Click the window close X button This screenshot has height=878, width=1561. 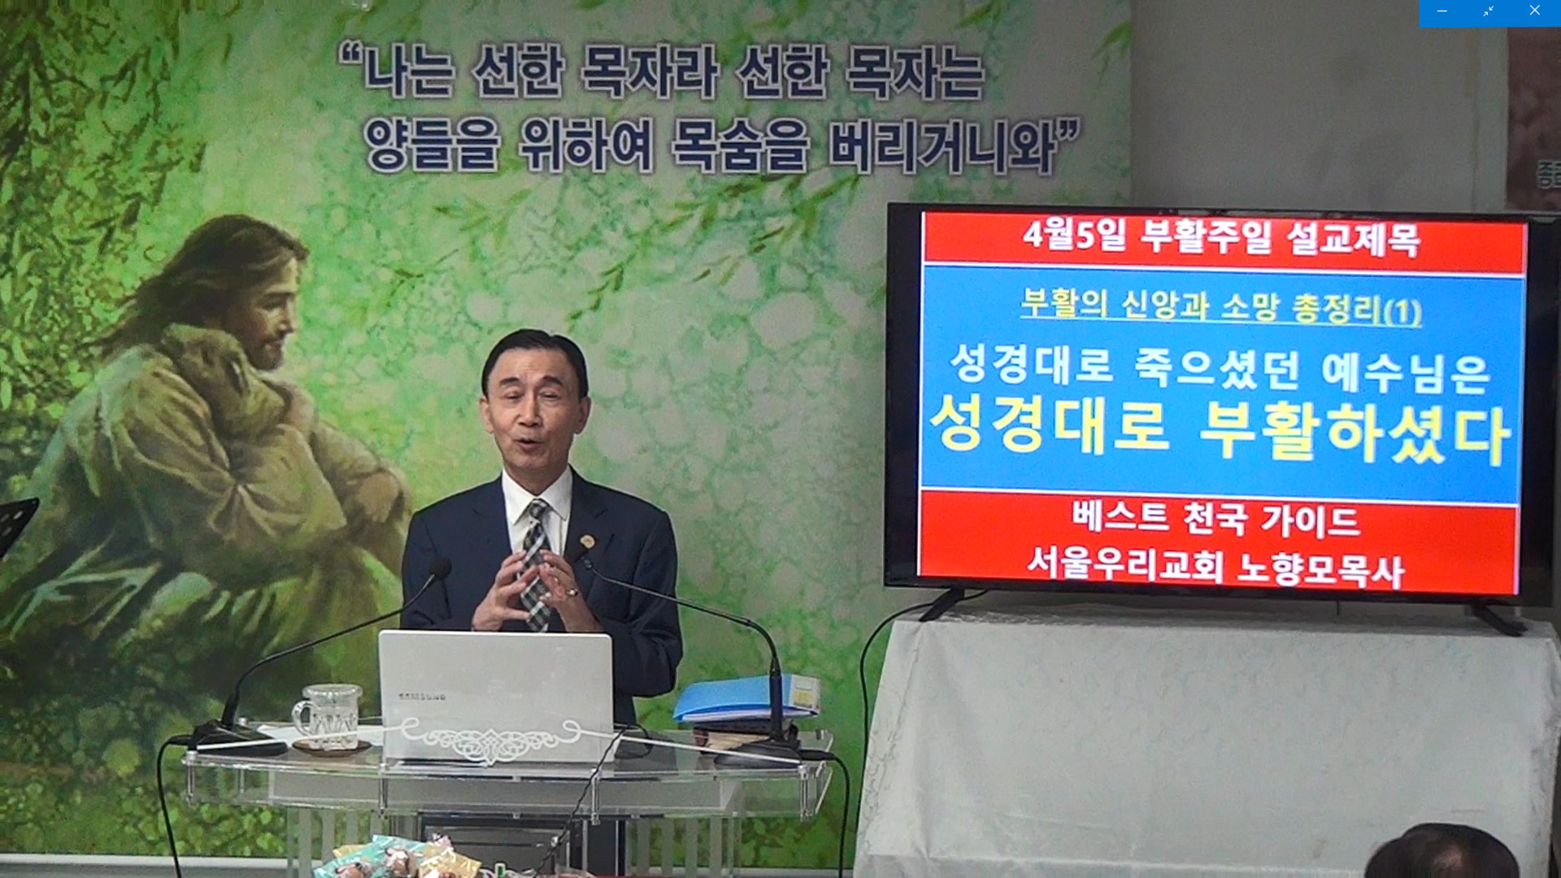pyautogui.click(x=1534, y=11)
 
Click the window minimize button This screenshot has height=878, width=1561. pyautogui.click(x=1441, y=11)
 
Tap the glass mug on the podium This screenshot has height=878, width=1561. pyautogui.click(x=328, y=715)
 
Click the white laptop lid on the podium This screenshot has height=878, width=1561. pyautogui.click(x=495, y=696)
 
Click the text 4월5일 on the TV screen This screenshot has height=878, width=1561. pyautogui.click(x=1075, y=235)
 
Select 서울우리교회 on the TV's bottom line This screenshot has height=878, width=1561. pyautogui.click(x=1124, y=562)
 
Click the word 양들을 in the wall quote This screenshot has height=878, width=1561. pyautogui.click(x=431, y=144)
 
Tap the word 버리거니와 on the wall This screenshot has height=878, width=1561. pyautogui.click(x=942, y=148)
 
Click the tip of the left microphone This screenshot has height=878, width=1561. pyautogui.click(x=440, y=568)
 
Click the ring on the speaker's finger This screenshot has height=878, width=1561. pyautogui.click(x=573, y=593)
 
